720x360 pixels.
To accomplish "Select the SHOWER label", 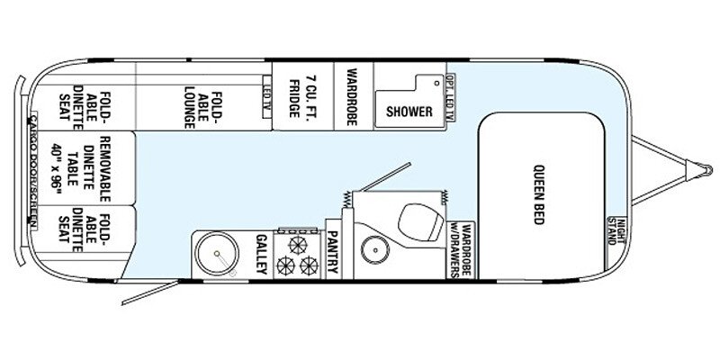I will click(x=405, y=112).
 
